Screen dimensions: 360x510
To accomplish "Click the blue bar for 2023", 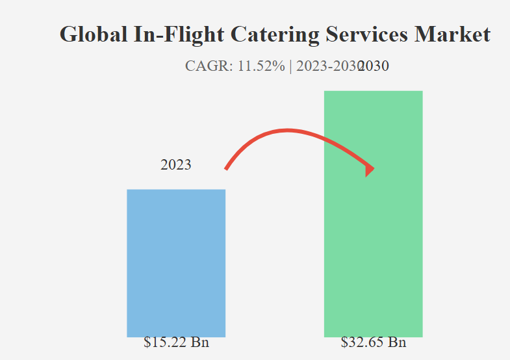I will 176,263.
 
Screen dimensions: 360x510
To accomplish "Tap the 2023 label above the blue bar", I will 176,164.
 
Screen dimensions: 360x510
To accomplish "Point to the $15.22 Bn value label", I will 176,342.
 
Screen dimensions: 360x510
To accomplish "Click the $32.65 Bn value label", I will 374,342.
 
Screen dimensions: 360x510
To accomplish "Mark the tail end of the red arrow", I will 226,169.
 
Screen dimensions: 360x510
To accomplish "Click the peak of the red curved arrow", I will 289,131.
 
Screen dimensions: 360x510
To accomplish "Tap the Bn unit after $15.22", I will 200,342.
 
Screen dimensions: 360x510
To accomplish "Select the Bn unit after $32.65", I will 398,342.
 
